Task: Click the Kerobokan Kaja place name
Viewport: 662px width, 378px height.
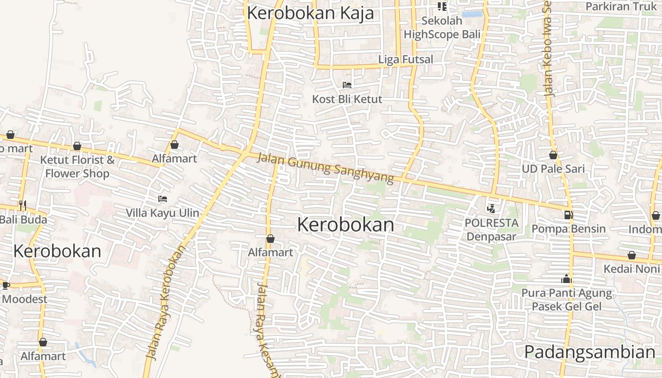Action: [310, 13]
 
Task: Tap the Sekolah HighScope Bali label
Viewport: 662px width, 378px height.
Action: [442, 28]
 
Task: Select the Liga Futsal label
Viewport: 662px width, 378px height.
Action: [406, 60]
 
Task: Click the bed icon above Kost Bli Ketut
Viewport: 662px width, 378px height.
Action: [347, 85]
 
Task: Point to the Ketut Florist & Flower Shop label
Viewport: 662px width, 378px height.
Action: [77, 166]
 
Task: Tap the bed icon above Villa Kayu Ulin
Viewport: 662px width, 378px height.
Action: [163, 199]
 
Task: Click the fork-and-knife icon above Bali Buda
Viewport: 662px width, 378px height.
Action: [22, 205]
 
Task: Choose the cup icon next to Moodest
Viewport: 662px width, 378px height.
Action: [6, 285]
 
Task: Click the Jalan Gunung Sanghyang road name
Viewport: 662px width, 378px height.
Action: [325, 168]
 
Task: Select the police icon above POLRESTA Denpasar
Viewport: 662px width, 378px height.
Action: [491, 208]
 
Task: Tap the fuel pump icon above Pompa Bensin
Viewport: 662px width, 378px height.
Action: [568, 215]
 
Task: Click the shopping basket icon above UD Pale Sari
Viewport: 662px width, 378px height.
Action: [553, 155]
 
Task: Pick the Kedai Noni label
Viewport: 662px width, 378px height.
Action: [631, 269]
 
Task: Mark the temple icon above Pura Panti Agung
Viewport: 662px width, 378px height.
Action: [566, 279]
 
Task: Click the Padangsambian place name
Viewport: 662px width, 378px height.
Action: [590, 352]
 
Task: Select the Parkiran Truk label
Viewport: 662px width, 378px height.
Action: [621, 7]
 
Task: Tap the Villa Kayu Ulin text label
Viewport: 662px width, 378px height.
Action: [163, 213]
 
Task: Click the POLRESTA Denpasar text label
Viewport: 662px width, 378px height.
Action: [491, 229]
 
